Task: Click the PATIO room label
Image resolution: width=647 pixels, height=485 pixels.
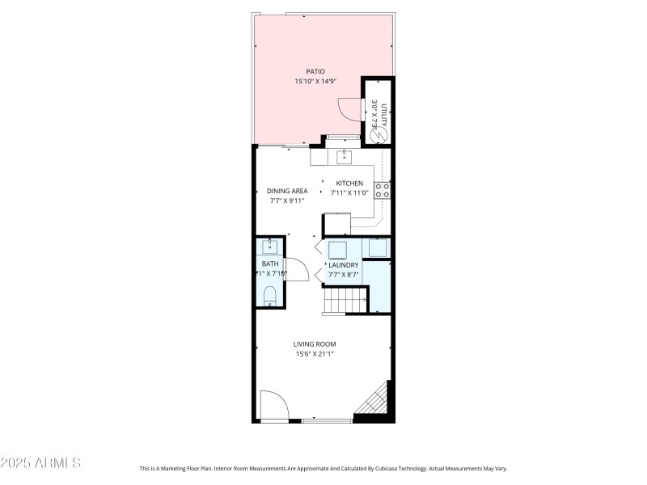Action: [x=315, y=71]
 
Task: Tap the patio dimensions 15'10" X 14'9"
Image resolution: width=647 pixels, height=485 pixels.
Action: [x=315, y=81]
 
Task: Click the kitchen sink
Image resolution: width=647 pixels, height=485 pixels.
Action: [x=344, y=155]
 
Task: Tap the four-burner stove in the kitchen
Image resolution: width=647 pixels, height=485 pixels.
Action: [x=383, y=191]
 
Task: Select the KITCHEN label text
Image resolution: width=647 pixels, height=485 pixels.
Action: [x=350, y=183]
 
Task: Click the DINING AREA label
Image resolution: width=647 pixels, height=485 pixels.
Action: [x=287, y=191]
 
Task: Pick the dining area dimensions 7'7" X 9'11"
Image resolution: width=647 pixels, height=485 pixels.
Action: [x=287, y=200]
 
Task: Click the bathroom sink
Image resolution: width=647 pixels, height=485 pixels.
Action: [x=270, y=247]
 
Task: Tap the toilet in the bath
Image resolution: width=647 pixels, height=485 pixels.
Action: [x=270, y=297]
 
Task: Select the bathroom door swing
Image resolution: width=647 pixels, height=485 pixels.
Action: [x=297, y=268]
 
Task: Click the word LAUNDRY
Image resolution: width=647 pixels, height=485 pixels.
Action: [x=343, y=265]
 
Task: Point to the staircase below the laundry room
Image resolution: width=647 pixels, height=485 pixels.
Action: [x=339, y=303]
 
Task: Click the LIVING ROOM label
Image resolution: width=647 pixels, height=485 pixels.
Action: [x=315, y=344]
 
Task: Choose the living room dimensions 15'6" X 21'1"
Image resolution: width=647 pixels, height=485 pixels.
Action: [x=315, y=353]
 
